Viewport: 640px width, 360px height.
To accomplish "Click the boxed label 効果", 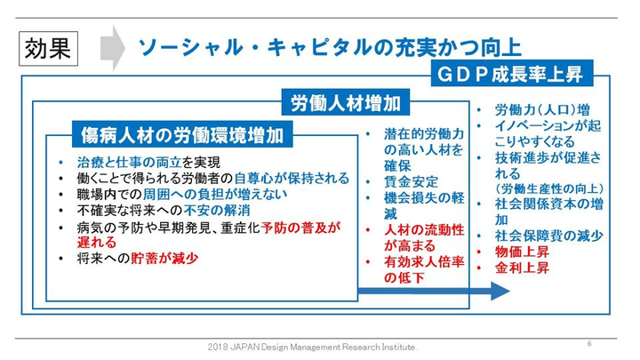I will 47,47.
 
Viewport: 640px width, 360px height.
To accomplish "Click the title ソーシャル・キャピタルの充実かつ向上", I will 328,46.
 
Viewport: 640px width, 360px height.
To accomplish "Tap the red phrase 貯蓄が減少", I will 166,259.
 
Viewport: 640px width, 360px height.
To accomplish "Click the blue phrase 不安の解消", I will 219,210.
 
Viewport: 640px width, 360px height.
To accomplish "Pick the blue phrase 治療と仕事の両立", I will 122,162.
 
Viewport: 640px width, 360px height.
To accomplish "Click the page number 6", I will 589,343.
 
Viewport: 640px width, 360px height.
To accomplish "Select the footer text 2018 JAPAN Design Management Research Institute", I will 312,346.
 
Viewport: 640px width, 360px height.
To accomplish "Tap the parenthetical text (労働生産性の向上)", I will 550,188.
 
